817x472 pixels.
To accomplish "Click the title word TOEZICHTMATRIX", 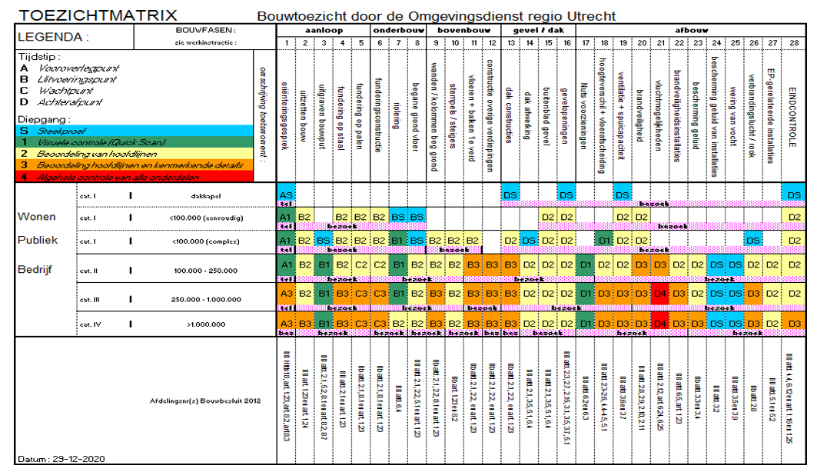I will (98, 15).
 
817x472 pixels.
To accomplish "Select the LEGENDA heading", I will (53, 36).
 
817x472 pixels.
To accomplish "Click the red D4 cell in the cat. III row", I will (660, 294).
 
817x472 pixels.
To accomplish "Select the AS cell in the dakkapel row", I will (285, 195).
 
